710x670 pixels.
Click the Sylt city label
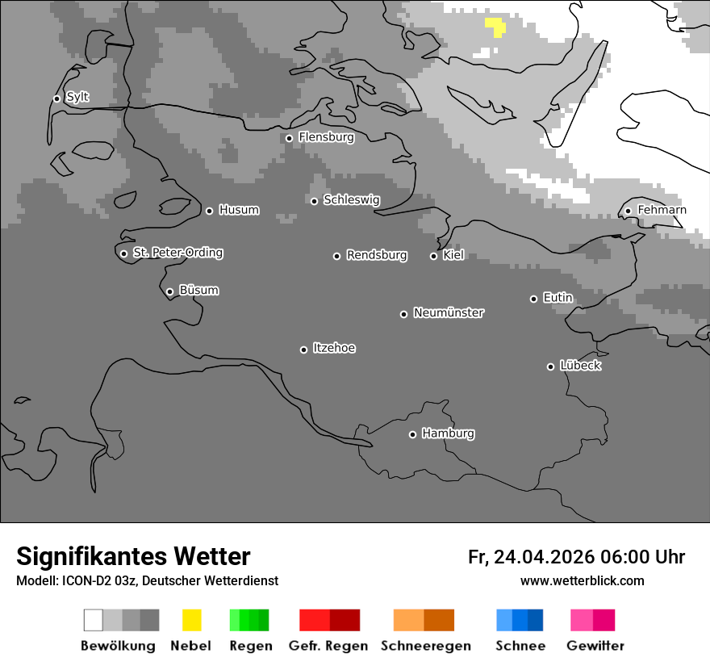click(77, 98)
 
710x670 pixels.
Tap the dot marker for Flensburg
click(289, 138)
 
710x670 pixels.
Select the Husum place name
click(239, 210)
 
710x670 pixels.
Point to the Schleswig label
click(351, 200)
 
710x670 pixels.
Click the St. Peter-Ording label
click(177, 253)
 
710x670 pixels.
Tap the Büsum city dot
click(169, 291)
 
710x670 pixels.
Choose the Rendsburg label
click(377, 255)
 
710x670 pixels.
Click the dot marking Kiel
click(433, 256)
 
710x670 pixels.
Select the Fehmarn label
click(662, 210)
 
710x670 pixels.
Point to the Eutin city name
click(558, 298)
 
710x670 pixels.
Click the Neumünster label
click(449, 312)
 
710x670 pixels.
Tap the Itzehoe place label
click(334, 348)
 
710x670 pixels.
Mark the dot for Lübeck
click(550, 366)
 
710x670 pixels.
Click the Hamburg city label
click(448, 433)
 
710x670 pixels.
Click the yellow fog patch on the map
click(495, 26)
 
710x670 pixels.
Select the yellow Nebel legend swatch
click(191, 620)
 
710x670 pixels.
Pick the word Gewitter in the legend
click(595, 646)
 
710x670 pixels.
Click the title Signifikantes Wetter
click(133, 556)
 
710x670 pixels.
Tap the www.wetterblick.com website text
click(582, 580)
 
